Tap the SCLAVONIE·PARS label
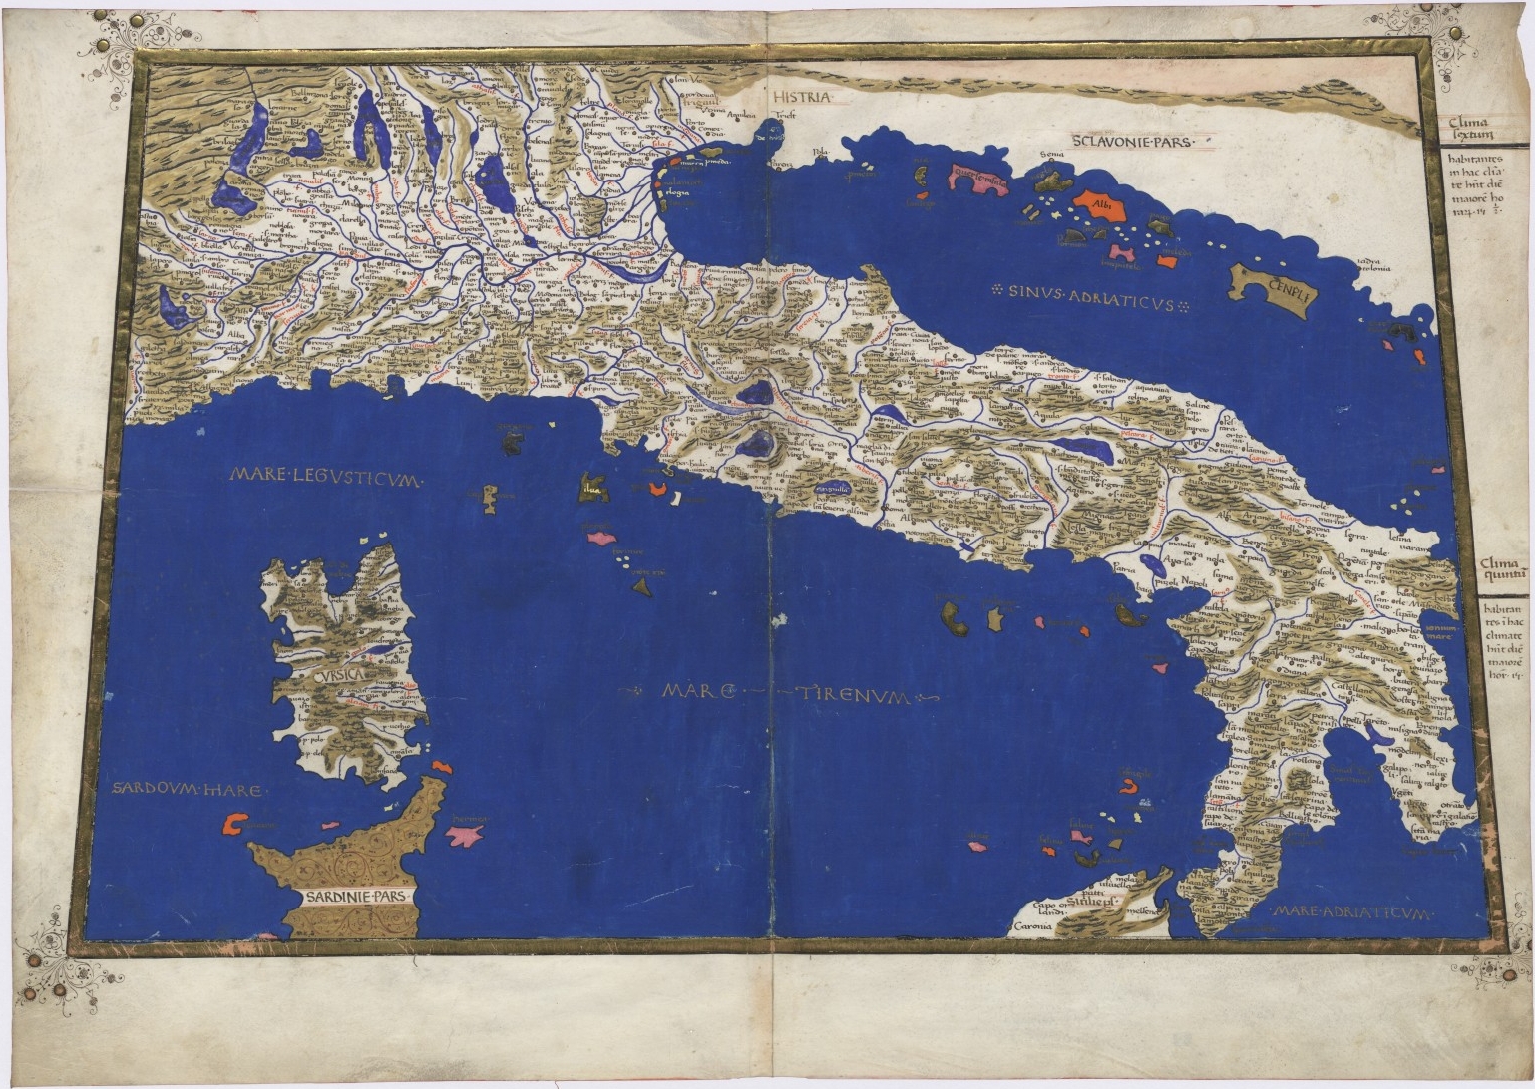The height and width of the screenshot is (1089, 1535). (x=1132, y=142)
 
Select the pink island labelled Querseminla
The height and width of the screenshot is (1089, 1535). (x=977, y=180)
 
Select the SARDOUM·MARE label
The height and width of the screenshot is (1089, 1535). (x=188, y=790)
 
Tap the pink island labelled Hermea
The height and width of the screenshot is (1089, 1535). (x=465, y=833)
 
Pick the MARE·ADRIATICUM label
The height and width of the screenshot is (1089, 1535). (x=1351, y=912)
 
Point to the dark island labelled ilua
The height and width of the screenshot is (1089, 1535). (x=593, y=487)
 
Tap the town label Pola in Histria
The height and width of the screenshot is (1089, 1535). (x=794, y=153)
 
